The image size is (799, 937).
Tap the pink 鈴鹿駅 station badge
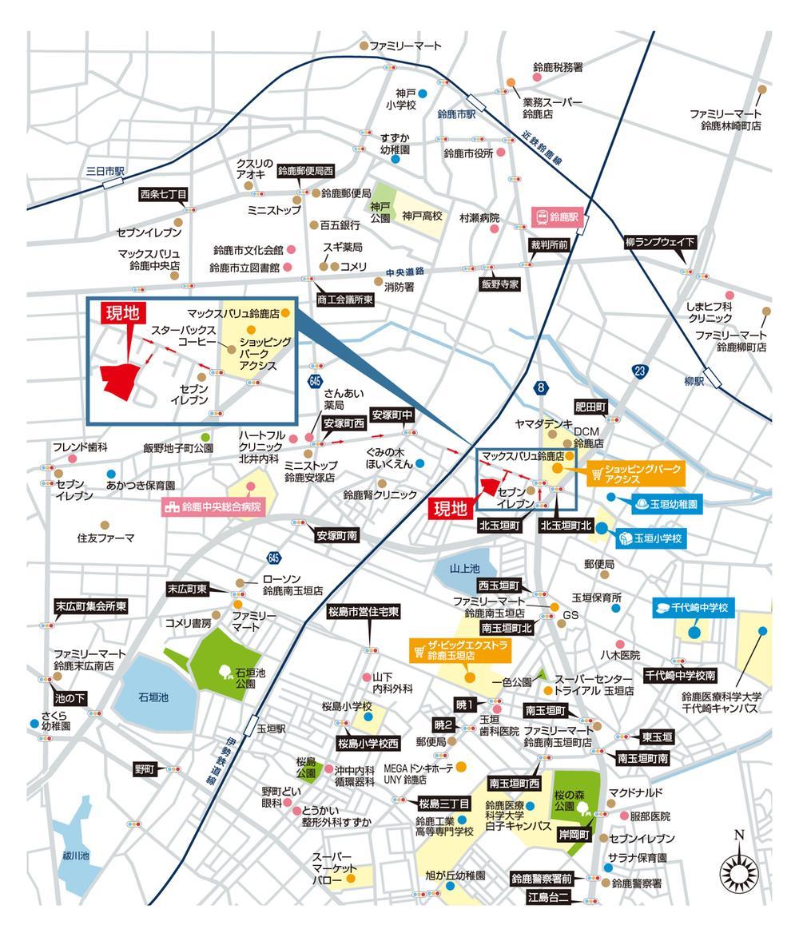tap(557, 217)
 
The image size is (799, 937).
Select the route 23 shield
tap(640, 371)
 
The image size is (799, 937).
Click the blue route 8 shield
tap(541, 388)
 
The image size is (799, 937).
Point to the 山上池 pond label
tap(465, 568)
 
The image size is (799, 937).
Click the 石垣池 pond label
tap(153, 697)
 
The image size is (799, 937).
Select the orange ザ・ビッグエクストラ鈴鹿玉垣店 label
tap(461, 650)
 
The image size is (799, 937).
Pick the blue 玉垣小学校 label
tap(650, 538)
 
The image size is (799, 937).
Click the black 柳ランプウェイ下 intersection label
tap(660, 242)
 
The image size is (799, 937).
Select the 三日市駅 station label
tap(105, 171)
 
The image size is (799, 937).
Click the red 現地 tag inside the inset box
tap(122, 313)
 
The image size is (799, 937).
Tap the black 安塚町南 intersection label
tap(337, 535)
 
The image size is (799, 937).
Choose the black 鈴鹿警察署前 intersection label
tap(542, 879)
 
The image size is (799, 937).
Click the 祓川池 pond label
tap(76, 856)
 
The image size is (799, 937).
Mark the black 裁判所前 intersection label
tap(549, 244)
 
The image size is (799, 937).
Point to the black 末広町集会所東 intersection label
tap(91, 606)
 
